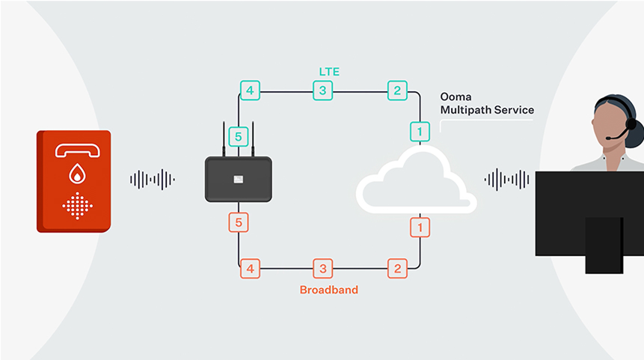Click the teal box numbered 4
tap(250, 91)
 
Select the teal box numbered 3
tap(322, 91)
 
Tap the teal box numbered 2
tap(396, 91)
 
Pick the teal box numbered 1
tap(420, 132)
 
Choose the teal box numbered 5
tap(239, 137)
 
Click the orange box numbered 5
tap(239, 222)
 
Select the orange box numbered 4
tap(250, 268)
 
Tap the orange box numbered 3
tap(322, 268)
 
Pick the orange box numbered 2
tap(396, 268)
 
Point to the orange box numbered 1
tap(420, 227)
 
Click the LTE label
tap(329, 71)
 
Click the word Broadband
tap(328, 290)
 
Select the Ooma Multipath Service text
tap(487, 104)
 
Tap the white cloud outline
tap(415, 180)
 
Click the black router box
tap(239, 179)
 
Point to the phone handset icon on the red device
tap(77, 150)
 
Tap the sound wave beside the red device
tap(153, 180)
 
